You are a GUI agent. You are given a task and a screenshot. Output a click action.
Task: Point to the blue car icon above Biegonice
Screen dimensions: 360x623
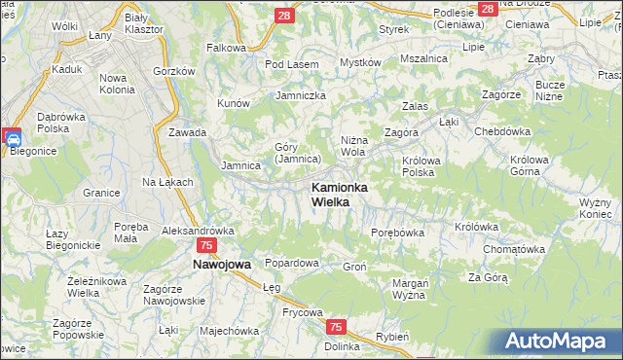click(14, 139)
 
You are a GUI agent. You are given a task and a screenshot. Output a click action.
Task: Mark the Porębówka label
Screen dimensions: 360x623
click(398, 233)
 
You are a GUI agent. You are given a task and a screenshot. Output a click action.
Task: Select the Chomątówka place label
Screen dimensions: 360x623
click(512, 249)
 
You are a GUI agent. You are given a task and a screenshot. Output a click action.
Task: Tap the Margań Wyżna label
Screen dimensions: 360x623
click(410, 289)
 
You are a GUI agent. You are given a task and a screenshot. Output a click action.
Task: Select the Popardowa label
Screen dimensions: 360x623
click(292, 264)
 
